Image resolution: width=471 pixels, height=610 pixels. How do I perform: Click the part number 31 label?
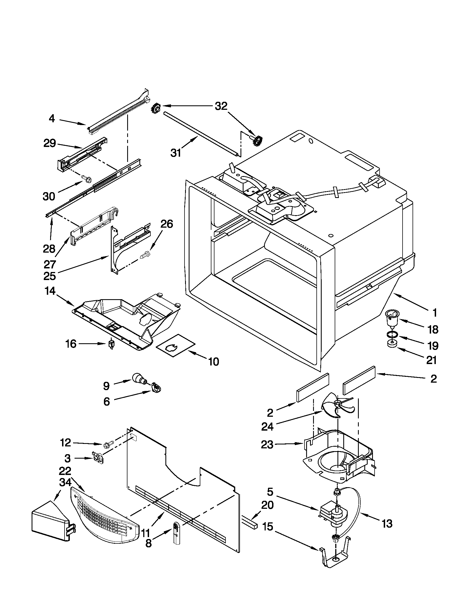tap(176, 153)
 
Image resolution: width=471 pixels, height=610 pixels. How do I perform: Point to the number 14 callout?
tap(50, 291)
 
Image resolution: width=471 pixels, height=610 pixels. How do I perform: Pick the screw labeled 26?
tap(145, 255)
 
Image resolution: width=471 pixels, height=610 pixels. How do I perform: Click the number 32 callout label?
tap(221, 106)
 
